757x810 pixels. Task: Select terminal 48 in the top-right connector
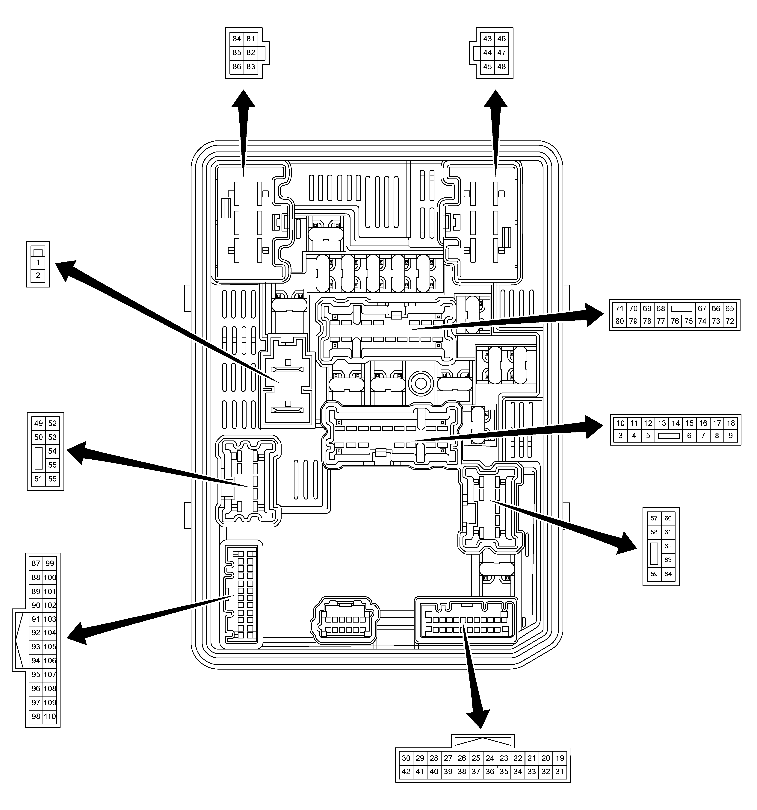pyautogui.click(x=501, y=66)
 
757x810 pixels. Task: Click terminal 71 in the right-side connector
pyautogui.click(x=620, y=308)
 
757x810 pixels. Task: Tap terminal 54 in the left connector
pyautogui.click(x=52, y=451)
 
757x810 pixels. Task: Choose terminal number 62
pyautogui.click(x=668, y=546)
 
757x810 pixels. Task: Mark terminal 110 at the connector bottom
pyautogui.click(x=50, y=716)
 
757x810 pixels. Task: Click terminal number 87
pyautogui.click(x=36, y=564)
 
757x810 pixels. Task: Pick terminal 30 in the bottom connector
pyautogui.click(x=406, y=758)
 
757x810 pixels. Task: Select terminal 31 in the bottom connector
pyautogui.click(x=560, y=771)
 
